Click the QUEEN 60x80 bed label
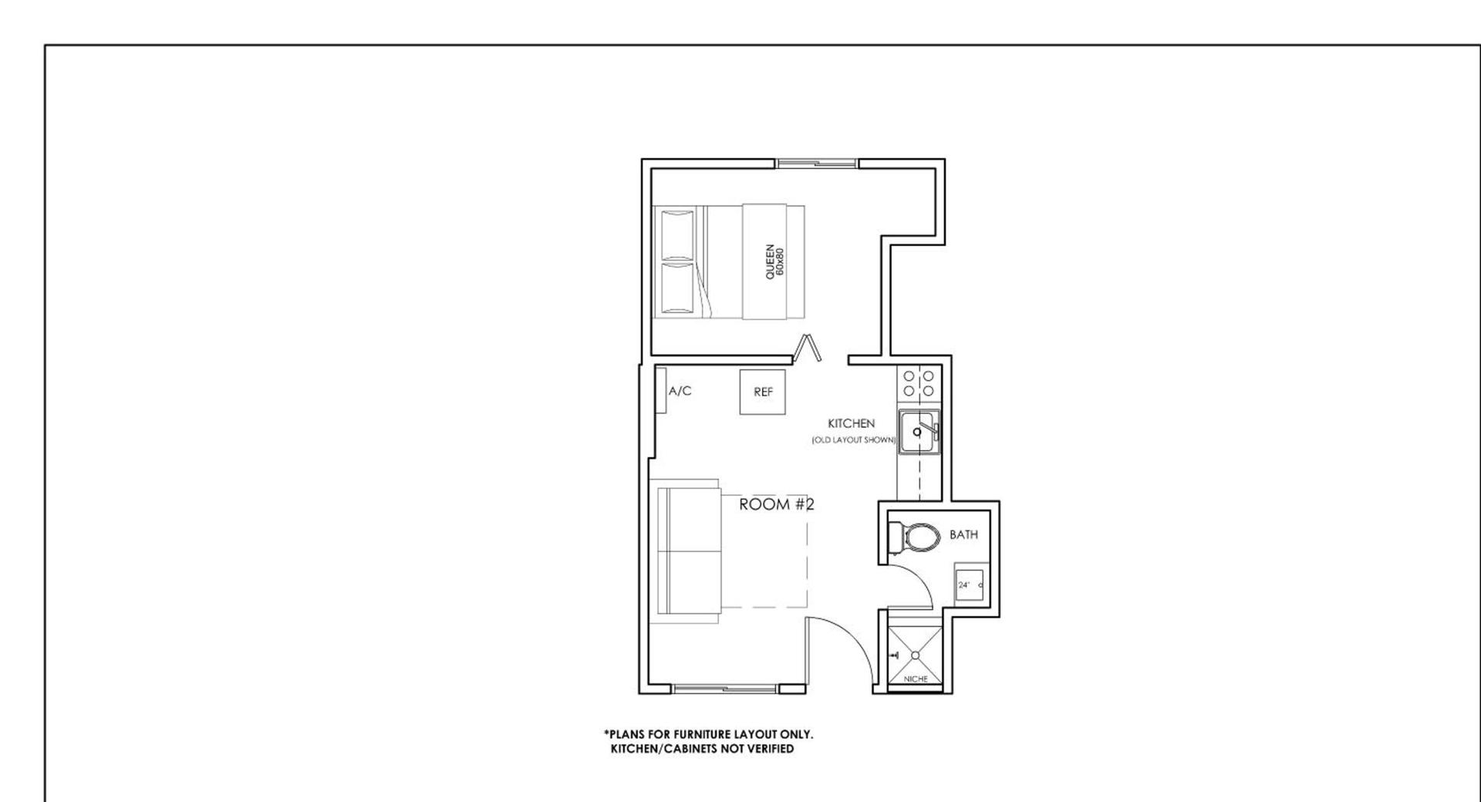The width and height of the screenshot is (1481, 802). coord(774,262)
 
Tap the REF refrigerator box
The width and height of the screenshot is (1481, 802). coord(763,392)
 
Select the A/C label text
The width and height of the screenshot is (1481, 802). coord(680,391)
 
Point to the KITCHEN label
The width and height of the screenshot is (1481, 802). coord(851,423)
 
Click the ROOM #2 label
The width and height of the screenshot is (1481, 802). coord(777,504)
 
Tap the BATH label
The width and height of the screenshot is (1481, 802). coord(963,534)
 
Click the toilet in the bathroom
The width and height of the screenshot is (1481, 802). coord(914,537)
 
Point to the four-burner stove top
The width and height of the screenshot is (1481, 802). coord(919,383)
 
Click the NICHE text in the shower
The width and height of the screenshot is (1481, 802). coord(916,679)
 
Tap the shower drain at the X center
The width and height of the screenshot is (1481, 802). coord(916,655)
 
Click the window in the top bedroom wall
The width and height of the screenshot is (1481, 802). coord(817,163)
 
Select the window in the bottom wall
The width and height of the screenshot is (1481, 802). coord(725,689)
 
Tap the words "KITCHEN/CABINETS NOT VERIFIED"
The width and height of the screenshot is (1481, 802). coord(702,749)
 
